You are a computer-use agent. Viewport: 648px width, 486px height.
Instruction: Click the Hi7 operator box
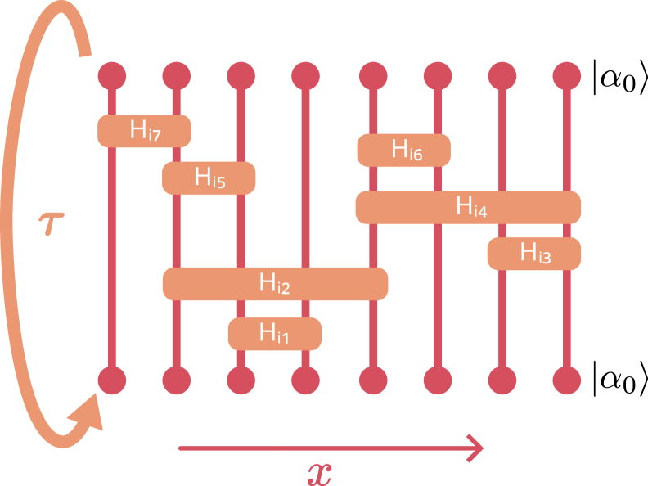[x=144, y=131]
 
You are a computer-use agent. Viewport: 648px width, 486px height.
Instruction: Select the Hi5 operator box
[x=209, y=178]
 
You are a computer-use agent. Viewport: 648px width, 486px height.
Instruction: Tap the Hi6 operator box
[x=403, y=150]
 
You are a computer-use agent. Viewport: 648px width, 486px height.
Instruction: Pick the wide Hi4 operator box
[x=468, y=207]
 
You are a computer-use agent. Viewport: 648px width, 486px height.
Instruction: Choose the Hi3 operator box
[x=534, y=254]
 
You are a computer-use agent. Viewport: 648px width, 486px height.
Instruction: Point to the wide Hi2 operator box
[x=275, y=283]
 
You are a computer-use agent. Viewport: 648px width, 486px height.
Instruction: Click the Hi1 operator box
[x=275, y=333]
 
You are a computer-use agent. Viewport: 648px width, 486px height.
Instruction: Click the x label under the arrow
[x=320, y=473]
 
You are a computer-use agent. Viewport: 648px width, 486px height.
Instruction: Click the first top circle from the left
[x=112, y=76]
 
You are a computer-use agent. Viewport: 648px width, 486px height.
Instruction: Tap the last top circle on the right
[x=567, y=76]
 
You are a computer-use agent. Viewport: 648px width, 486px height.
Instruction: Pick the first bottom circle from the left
[x=112, y=380]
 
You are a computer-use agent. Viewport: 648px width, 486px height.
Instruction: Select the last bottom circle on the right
[x=567, y=380]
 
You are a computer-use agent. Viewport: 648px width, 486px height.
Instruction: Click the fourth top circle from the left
[x=305, y=76]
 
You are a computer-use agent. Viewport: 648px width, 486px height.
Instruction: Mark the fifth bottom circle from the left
[x=373, y=380]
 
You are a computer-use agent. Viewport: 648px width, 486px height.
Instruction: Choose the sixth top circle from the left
[x=438, y=76]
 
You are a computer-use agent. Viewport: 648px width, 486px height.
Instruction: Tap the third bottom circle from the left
[x=241, y=380]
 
